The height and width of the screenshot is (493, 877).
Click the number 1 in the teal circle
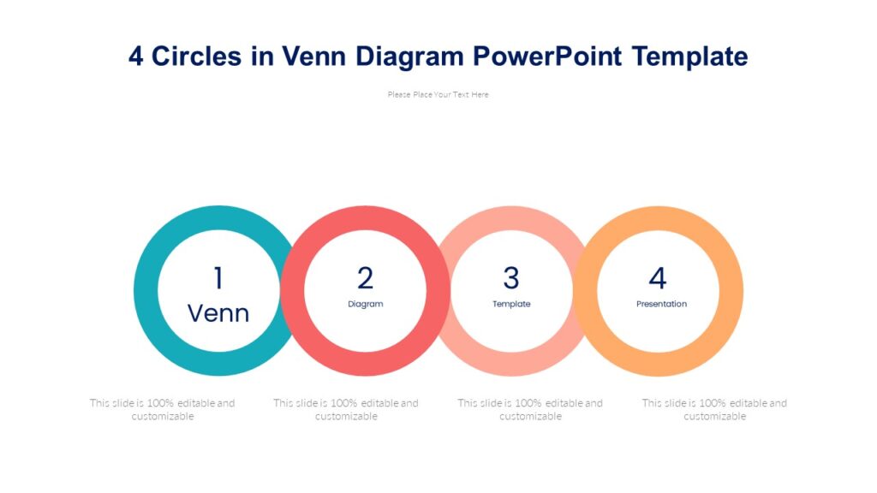(x=218, y=278)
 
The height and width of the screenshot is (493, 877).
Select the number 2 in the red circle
(x=366, y=278)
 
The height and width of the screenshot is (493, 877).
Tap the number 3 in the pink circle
(x=511, y=278)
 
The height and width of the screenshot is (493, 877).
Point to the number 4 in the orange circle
(x=658, y=278)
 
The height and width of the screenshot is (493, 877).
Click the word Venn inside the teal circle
(x=218, y=313)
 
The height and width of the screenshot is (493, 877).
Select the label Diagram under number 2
(x=366, y=304)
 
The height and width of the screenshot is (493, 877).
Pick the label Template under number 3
(x=511, y=304)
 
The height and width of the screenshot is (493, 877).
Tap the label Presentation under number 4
(x=661, y=304)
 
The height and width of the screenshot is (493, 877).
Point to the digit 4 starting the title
(x=136, y=56)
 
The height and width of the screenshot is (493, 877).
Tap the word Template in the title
(x=690, y=56)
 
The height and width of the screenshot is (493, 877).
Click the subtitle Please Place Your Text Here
(x=438, y=95)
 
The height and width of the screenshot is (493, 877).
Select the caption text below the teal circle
(x=162, y=409)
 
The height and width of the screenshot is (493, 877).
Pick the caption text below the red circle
(x=346, y=409)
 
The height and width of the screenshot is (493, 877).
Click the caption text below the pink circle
(x=530, y=409)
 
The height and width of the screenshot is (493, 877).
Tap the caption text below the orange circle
(x=714, y=409)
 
